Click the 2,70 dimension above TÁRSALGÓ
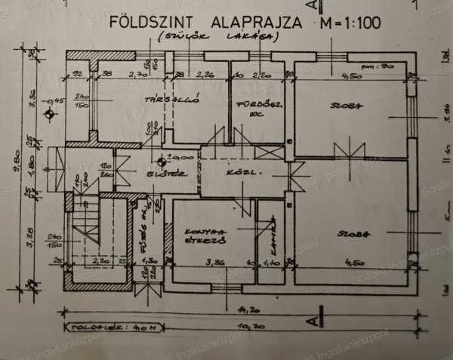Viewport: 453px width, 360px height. point(138,75)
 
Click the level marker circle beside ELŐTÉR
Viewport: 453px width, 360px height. point(162,160)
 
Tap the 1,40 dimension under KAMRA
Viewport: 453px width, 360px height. point(270,263)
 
